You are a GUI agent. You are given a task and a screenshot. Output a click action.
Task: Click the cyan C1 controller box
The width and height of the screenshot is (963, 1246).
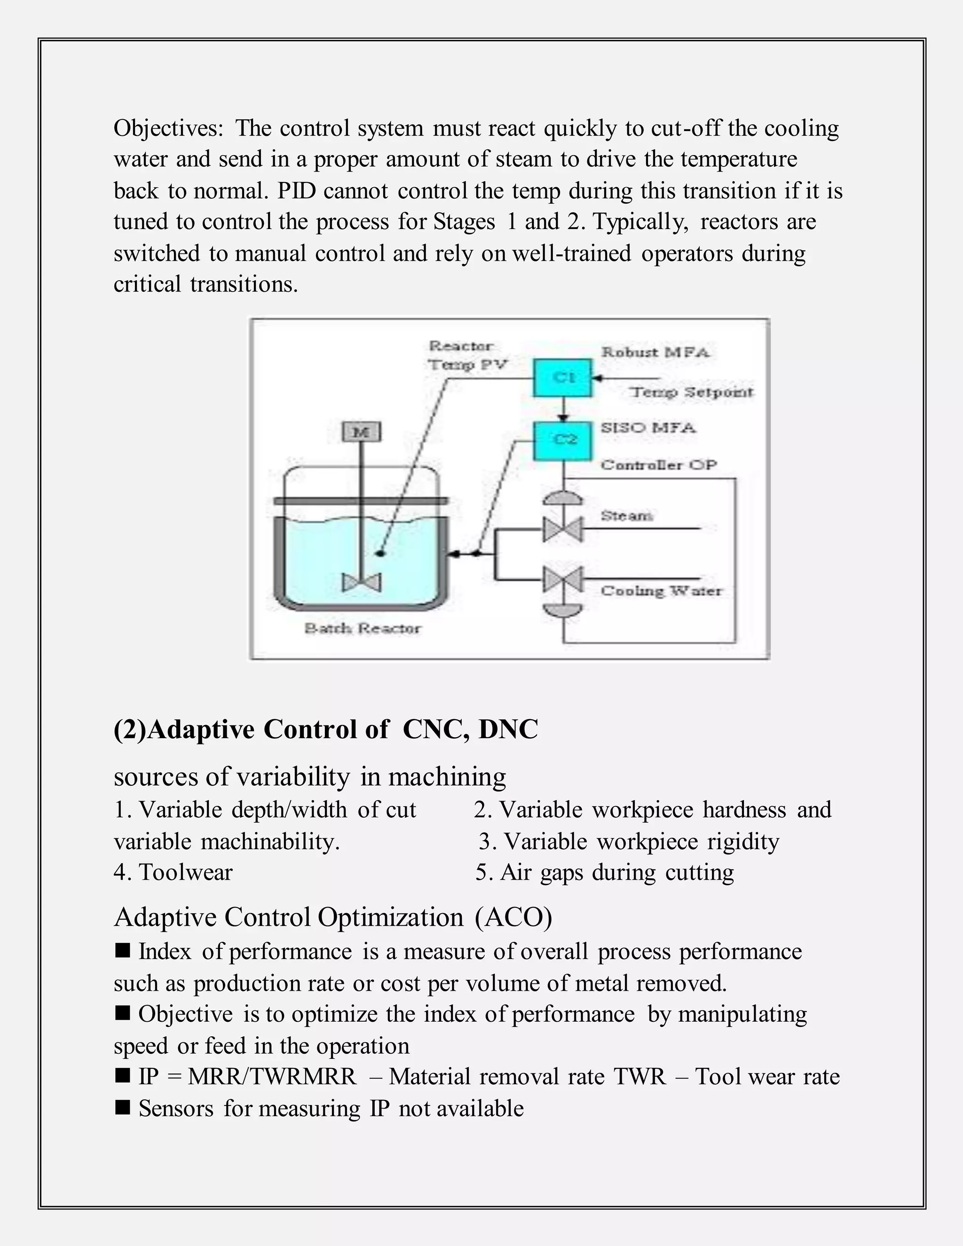pos(562,377)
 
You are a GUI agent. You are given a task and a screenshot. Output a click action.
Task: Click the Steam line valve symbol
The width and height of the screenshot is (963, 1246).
pos(562,529)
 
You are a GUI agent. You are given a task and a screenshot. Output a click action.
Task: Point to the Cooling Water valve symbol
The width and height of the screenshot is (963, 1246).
pos(562,580)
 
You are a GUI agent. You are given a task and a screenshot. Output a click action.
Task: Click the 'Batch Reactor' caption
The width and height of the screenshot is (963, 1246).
pos(363,628)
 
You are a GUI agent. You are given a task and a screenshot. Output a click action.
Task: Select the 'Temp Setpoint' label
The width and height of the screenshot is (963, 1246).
pos(691,392)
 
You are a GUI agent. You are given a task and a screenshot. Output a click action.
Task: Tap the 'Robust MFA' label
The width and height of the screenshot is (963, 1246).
pos(655,352)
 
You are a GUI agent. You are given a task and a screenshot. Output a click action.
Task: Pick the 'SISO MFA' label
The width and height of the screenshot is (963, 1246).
pos(648,427)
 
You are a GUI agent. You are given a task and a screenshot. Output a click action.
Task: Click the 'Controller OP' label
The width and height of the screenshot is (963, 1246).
pos(658,465)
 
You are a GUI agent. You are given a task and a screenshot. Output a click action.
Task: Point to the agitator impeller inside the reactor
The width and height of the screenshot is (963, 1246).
pos(361,583)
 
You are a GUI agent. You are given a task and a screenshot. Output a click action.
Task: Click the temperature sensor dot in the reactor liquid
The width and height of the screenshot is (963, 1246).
pos(380,553)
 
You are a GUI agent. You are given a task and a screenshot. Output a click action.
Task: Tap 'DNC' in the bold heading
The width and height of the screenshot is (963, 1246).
pos(508,729)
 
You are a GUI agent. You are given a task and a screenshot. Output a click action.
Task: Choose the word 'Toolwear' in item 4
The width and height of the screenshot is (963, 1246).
pos(185,872)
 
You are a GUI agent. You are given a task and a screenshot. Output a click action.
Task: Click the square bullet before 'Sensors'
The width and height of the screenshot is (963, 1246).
pos(122,1108)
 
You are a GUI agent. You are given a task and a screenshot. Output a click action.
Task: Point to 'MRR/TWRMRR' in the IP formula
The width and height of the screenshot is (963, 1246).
pos(272,1077)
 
